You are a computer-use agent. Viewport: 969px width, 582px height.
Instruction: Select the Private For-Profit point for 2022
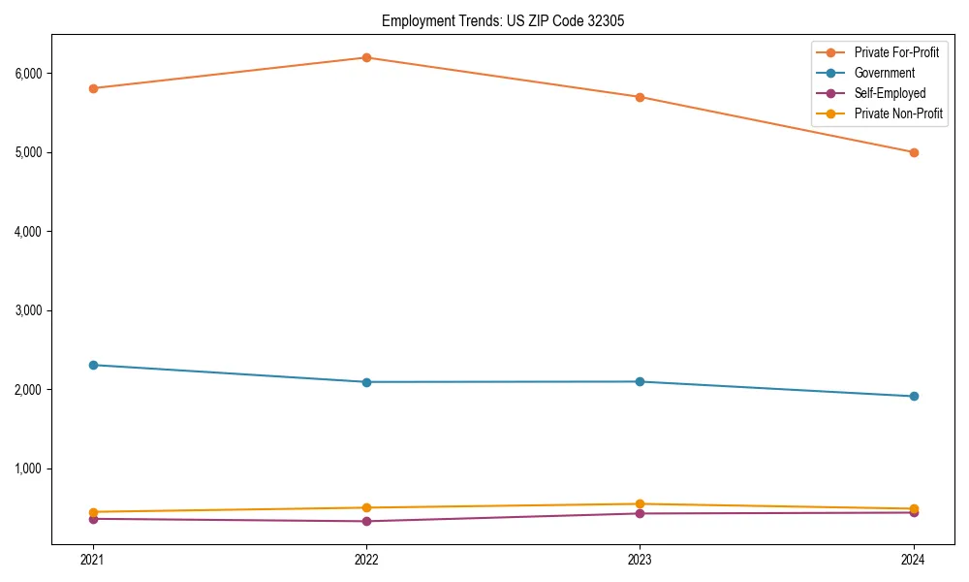point(366,57)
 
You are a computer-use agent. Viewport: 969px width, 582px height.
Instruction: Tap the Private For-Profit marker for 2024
point(914,152)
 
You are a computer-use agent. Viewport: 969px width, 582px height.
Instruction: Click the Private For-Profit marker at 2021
point(93,88)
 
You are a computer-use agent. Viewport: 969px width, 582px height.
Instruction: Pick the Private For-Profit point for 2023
point(640,97)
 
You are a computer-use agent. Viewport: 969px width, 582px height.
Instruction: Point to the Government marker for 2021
point(93,365)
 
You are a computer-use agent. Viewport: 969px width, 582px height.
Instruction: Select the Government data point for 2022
point(366,382)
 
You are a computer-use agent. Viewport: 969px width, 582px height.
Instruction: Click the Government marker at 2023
point(640,381)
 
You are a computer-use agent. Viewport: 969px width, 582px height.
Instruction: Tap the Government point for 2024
point(914,396)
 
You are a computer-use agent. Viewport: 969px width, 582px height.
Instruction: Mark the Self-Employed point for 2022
point(366,521)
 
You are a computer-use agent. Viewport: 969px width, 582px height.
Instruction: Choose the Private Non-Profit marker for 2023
point(640,503)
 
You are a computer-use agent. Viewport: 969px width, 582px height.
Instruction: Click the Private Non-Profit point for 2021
point(93,512)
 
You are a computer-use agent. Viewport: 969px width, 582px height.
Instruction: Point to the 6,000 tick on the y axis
point(26,74)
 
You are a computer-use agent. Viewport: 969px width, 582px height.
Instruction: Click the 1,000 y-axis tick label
point(26,469)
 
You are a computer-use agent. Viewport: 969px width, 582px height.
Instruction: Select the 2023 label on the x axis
point(640,559)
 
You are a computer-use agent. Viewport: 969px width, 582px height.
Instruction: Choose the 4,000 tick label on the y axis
point(26,232)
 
